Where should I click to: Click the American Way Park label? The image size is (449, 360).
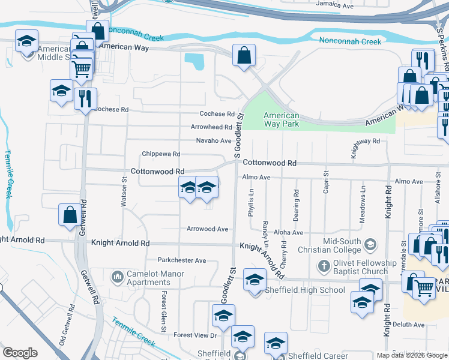coord(282,120)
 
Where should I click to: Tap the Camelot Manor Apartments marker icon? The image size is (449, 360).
coord(116,277)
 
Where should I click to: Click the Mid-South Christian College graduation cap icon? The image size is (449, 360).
coord(371,244)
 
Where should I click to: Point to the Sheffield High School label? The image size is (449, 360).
coord(307,290)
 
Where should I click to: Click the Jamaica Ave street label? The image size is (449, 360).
coord(335,5)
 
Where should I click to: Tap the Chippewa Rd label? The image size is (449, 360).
coord(161,154)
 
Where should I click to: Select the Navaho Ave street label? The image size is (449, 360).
coord(214,141)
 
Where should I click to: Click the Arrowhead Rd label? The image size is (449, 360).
coord(211,127)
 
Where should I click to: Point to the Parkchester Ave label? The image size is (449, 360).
coord(182,261)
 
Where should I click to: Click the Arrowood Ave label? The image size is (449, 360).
coord(208,229)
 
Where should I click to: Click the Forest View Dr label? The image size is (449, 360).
coord(194,335)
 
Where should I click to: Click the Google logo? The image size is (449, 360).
coord(20,353)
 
